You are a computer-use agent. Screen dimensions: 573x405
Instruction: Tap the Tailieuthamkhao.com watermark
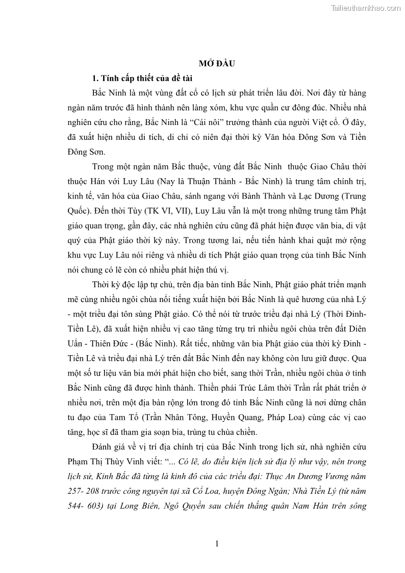coord(366,8)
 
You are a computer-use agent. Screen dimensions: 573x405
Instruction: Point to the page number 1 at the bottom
coord(217,544)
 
